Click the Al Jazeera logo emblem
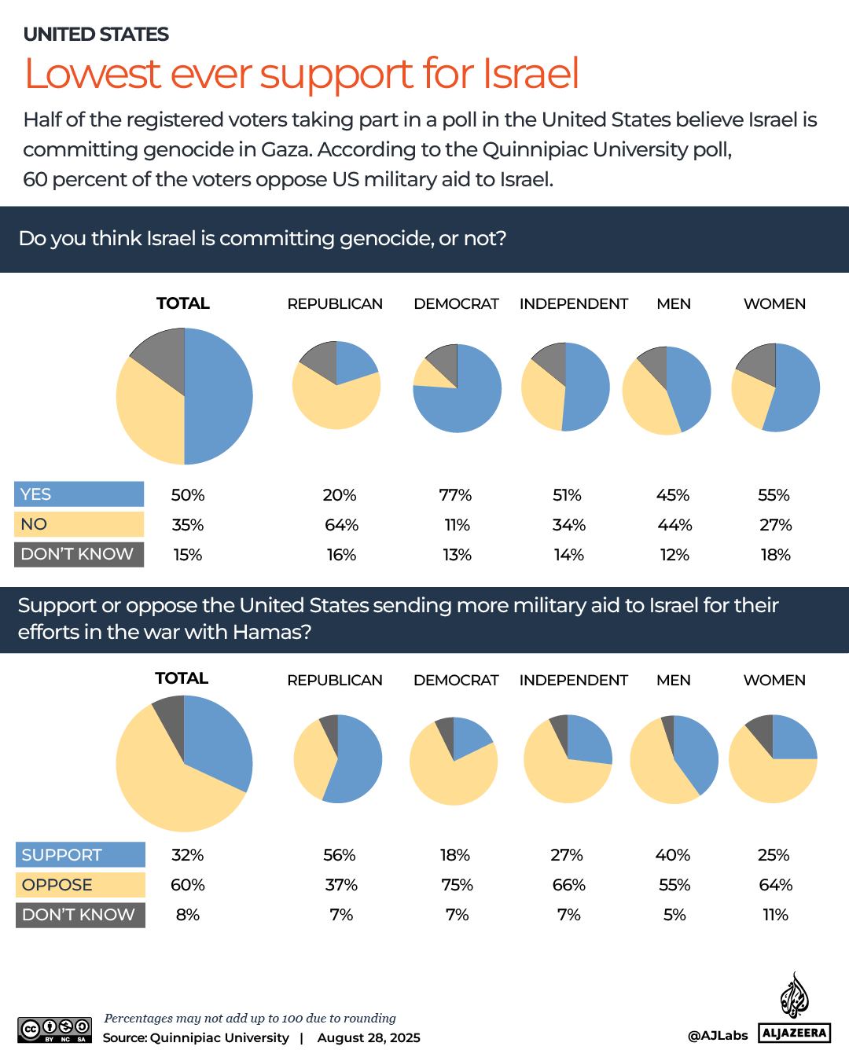(x=794, y=996)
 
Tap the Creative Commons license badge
(x=55, y=1030)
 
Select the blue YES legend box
(x=79, y=494)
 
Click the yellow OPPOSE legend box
(x=80, y=885)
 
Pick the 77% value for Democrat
(x=455, y=495)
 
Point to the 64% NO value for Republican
(x=341, y=525)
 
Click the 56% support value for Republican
(x=340, y=855)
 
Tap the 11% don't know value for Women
(x=775, y=915)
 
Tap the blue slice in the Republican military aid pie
(x=354, y=762)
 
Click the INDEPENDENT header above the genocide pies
(x=573, y=304)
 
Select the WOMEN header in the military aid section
(x=774, y=681)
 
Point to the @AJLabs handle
(x=717, y=1036)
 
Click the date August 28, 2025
(x=369, y=1038)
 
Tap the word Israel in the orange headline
(x=531, y=74)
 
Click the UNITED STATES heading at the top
(x=96, y=35)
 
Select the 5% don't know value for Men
(x=674, y=915)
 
